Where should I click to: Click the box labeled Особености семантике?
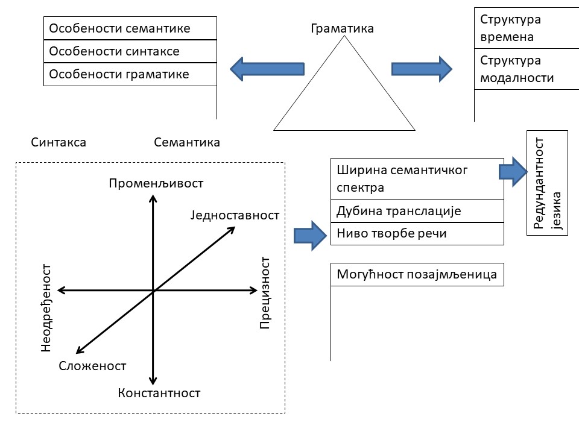[130, 28]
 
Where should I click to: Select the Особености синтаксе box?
[130, 51]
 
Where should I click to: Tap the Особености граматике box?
[130, 74]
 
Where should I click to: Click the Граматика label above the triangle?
[342, 28]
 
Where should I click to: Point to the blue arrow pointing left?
[267, 68]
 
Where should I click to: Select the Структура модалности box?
[526, 69]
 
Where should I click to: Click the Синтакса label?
[58, 143]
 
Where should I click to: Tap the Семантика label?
[187, 143]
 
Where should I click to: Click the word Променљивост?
[156, 183]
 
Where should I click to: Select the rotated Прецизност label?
[265, 292]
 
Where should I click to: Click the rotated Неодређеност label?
[47, 307]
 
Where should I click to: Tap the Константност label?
[159, 394]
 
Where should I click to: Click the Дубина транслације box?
[417, 211]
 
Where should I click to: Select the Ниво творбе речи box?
[417, 234]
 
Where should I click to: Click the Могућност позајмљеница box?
[417, 275]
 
